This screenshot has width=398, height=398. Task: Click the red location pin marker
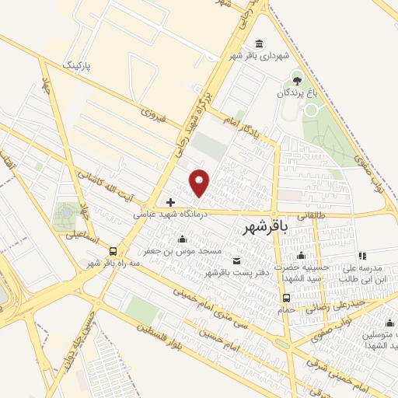coord(201,183)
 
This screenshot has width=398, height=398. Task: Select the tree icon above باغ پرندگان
coord(296,79)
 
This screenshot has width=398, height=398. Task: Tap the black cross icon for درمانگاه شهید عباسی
coord(171,201)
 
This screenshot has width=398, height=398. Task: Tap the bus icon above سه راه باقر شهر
coord(113,251)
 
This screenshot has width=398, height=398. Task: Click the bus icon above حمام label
coord(287,298)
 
